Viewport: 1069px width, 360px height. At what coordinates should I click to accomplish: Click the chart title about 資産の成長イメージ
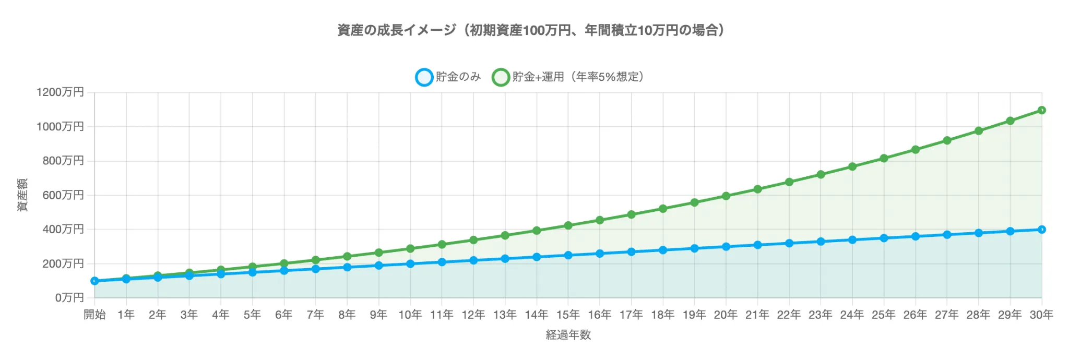pos(531,30)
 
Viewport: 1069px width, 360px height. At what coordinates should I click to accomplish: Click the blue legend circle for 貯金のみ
pos(424,77)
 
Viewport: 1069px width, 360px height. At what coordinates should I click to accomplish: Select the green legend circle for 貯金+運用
pos(501,77)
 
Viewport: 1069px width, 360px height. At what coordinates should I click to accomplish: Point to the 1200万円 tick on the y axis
pos(60,92)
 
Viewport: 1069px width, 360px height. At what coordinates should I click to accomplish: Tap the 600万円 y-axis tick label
pos(63,195)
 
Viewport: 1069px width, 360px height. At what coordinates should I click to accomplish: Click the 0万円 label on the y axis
pos(69,298)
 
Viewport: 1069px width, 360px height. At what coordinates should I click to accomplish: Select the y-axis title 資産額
pos(22,195)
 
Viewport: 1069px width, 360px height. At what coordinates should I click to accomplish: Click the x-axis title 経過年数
pos(568,335)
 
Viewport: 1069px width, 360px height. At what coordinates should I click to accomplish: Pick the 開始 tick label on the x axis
pos(94,315)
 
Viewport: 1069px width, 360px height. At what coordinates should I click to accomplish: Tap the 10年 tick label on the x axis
pos(410,315)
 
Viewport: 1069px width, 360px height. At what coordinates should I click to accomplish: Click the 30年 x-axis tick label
pos(1041,315)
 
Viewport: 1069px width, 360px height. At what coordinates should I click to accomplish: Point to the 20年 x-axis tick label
pos(726,315)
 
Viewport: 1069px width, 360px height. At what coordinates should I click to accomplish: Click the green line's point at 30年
pos(1041,110)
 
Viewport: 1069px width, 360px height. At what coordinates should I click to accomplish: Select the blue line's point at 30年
pos(1041,230)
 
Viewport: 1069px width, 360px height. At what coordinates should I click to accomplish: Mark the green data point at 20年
pos(726,196)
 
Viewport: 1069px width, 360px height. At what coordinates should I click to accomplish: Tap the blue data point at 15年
pos(568,255)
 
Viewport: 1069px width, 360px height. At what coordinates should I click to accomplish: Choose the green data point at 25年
pos(884,158)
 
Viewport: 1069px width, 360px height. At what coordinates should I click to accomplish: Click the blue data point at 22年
pos(789,243)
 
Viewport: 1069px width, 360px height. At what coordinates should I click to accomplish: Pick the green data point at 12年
pos(473,240)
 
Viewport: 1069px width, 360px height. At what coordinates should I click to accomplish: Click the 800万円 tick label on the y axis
pos(63,161)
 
